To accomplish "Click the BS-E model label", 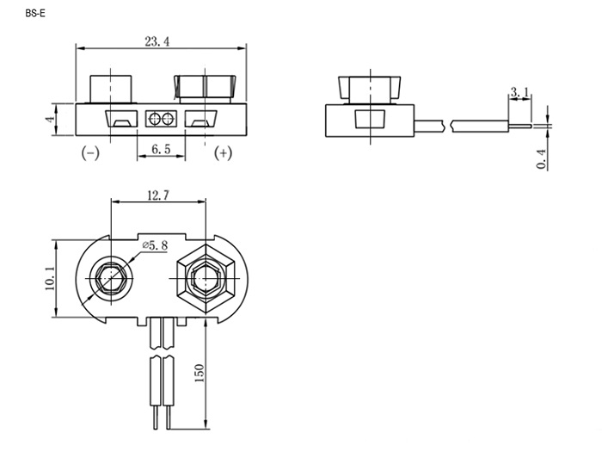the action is pyautogui.click(x=35, y=14).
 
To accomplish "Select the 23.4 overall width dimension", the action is pyautogui.click(x=157, y=41).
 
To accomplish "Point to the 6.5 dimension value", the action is pyautogui.click(x=161, y=149).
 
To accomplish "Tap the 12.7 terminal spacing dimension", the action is pyautogui.click(x=158, y=195).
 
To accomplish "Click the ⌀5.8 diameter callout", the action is pyautogui.click(x=155, y=244).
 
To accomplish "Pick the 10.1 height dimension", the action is pyautogui.click(x=50, y=278).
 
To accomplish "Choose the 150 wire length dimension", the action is pyautogui.click(x=200, y=373).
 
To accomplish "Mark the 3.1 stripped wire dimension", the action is pyautogui.click(x=519, y=92).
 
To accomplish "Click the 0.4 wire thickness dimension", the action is pyautogui.click(x=541, y=158).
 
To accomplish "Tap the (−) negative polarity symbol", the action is pyautogui.click(x=90, y=152).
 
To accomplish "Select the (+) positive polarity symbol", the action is pyautogui.click(x=223, y=152).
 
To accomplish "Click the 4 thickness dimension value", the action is pyautogui.click(x=50, y=119).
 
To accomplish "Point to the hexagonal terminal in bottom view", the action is pyautogui.click(x=206, y=278).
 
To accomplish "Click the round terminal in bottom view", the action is pyautogui.click(x=111, y=278).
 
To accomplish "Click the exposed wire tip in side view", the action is pyautogui.click(x=520, y=126).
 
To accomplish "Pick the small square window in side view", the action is pyautogui.click(x=370, y=119).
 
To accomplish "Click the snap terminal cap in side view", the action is pyautogui.click(x=369, y=90).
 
